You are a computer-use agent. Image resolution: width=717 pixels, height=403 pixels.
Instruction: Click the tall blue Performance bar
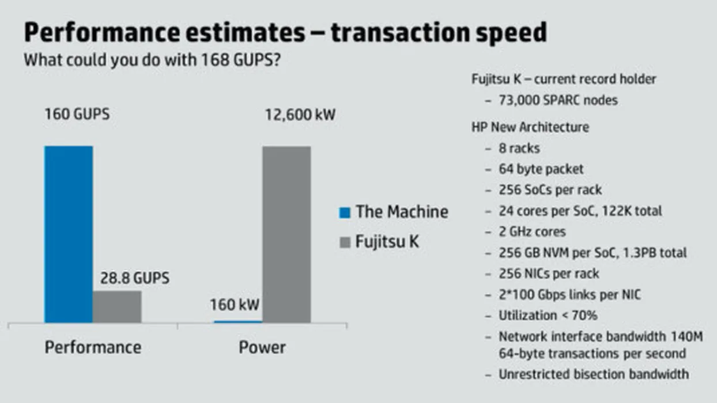pyautogui.click(x=69, y=234)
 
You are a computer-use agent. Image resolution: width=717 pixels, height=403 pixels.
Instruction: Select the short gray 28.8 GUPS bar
pyautogui.click(x=117, y=307)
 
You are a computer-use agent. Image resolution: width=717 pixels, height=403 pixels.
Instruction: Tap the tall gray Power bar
pyautogui.click(x=286, y=234)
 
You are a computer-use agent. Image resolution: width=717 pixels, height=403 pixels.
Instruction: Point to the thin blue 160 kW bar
pyautogui.click(x=238, y=322)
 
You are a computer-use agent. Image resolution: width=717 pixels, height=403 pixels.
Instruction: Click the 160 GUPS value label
pyautogui.click(x=77, y=114)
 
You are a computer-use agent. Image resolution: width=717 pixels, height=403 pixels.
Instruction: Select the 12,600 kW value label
pyautogui.click(x=300, y=115)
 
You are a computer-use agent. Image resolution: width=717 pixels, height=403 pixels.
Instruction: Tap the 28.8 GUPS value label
pyautogui.click(x=135, y=278)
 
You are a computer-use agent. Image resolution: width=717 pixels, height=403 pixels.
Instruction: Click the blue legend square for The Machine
pyautogui.click(x=345, y=212)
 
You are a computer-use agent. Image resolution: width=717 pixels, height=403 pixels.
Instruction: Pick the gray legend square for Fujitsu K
pyautogui.click(x=345, y=242)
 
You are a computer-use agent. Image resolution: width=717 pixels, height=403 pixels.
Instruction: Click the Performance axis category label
pyautogui.click(x=93, y=347)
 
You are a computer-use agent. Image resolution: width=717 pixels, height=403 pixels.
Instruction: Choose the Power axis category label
pyautogui.click(x=262, y=347)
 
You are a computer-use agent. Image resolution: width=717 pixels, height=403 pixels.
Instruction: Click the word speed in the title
pyautogui.click(x=511, y=33)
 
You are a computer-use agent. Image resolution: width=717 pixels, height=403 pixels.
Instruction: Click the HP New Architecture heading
pyautogui.click(x=530, y=127)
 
